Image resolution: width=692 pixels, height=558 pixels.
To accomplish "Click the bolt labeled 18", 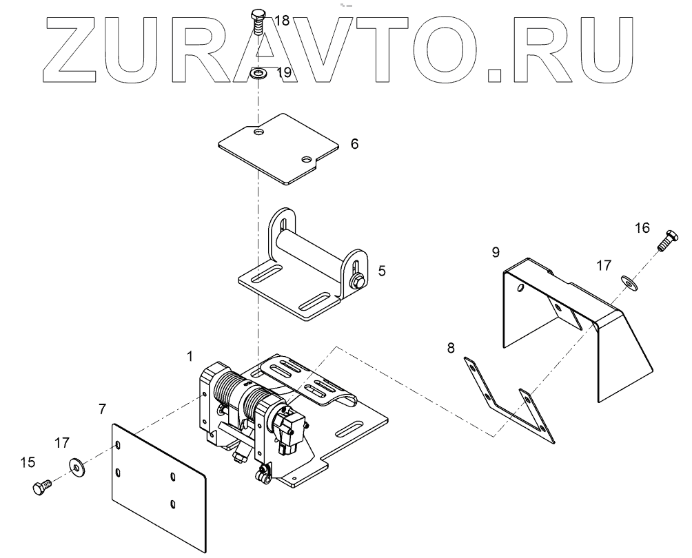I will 257,25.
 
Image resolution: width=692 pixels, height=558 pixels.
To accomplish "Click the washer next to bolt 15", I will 74,466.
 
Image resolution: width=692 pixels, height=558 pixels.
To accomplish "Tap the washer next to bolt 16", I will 628,280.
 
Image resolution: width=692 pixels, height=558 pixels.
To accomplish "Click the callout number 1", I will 189,356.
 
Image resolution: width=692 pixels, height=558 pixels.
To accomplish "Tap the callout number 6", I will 354,144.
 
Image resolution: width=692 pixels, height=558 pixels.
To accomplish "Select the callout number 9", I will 496,253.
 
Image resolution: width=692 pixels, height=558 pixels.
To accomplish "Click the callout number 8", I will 451,348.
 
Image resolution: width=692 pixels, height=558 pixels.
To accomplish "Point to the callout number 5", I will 381,270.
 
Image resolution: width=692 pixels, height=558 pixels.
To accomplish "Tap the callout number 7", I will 102,409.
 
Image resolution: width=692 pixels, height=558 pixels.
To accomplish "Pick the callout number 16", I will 642,227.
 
